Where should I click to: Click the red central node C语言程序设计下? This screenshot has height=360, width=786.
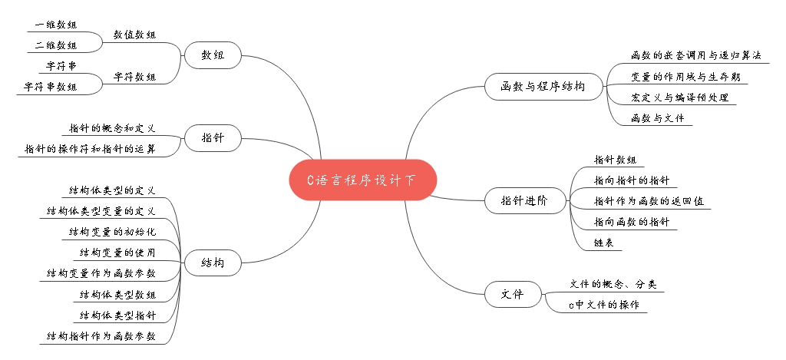tap(362, 180)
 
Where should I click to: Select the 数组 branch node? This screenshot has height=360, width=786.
tap(213, 55)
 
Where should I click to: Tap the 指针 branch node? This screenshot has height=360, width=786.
tap(213, 138)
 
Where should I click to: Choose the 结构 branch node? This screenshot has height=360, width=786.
tap(213, 263)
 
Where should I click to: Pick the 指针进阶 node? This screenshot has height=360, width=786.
tap(523, 201)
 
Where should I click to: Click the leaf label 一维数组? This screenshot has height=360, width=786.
tap(56, 25)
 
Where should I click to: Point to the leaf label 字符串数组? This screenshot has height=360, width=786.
tap(51, 87)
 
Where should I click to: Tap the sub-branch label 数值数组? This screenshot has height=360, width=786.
tap(134, 35)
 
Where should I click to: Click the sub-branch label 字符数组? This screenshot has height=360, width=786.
tap(134, 77)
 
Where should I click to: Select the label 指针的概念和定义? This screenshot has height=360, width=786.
tap(112, 128)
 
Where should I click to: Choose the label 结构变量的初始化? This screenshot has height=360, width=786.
tap(112, 231)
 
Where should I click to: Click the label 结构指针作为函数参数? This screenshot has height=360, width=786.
tap(101, 335)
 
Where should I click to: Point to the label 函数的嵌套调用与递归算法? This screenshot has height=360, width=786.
tap(695, 56)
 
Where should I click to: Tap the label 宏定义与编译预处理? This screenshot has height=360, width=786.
tap(679, 97)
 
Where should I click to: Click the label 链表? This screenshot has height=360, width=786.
tap(603, 243)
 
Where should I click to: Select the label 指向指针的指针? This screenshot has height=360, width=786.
tap(632, 180)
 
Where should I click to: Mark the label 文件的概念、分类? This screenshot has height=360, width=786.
tap(613, 284)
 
